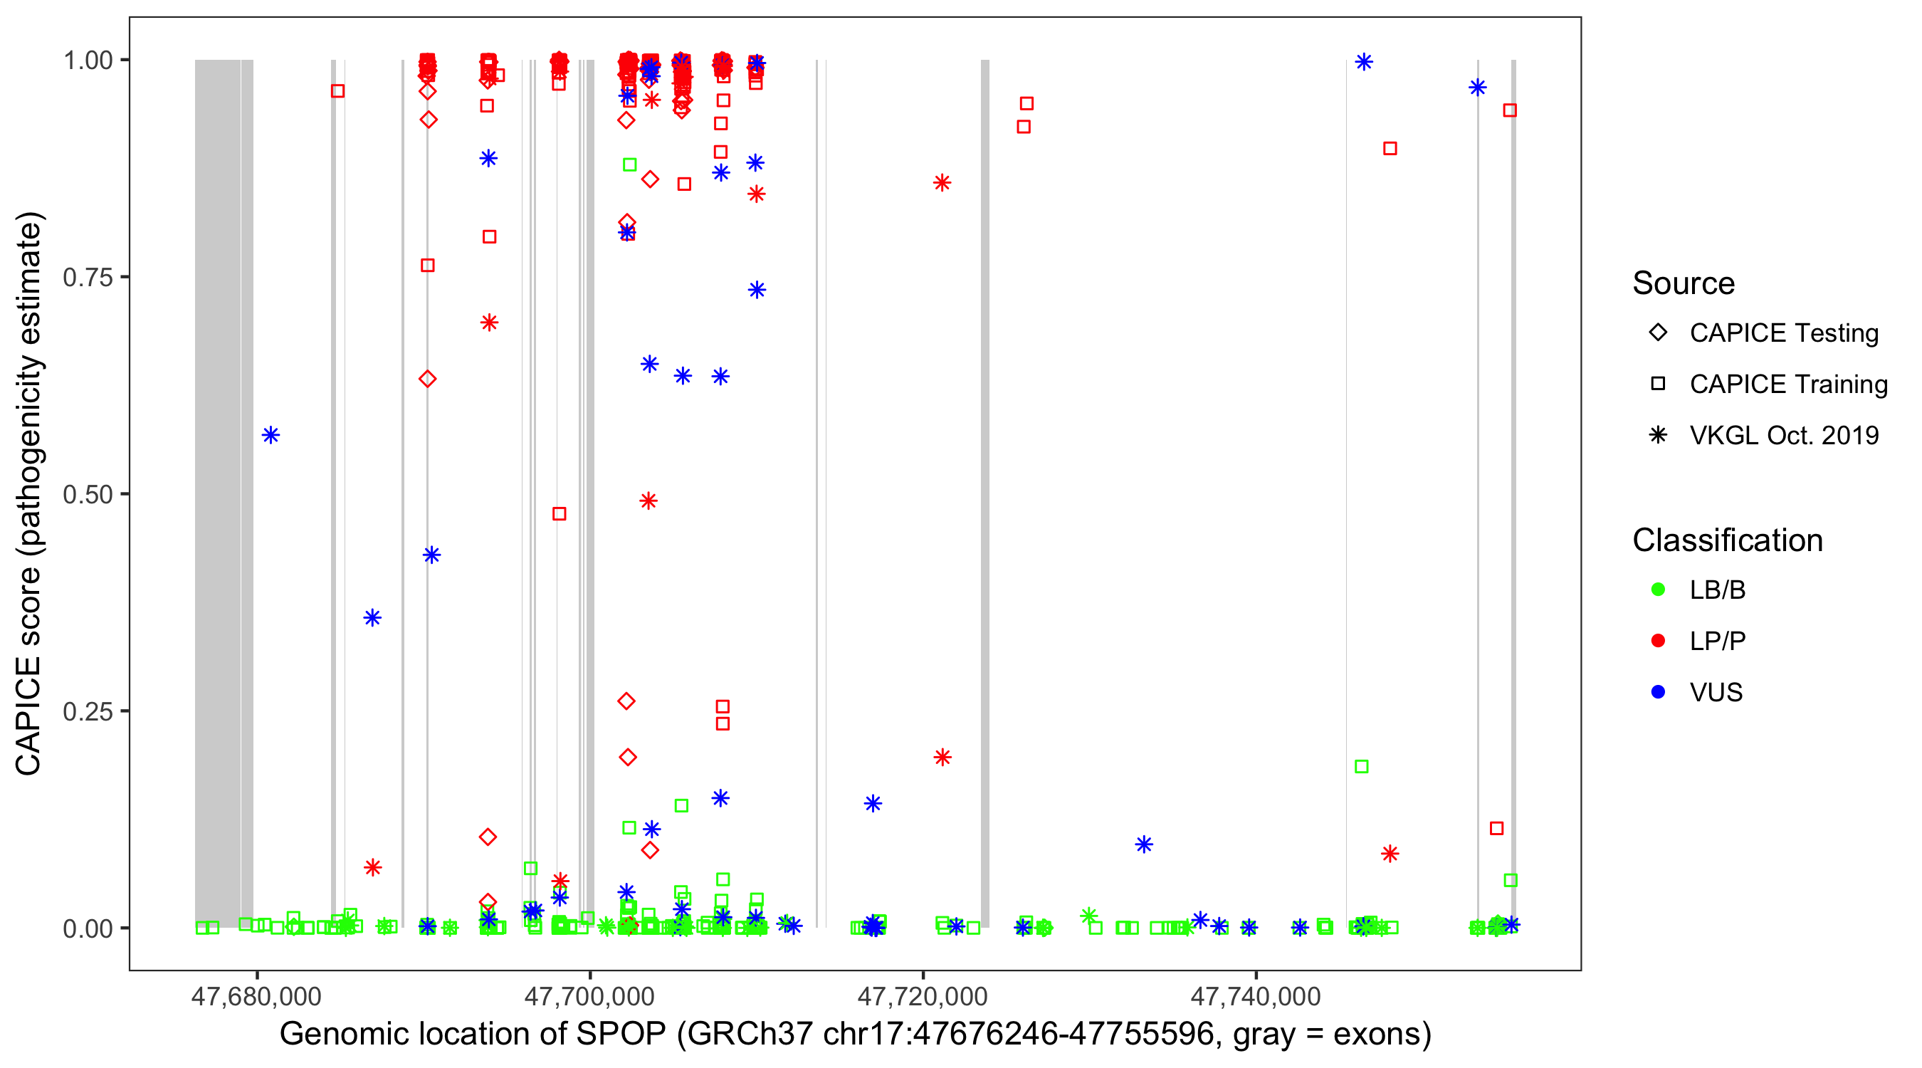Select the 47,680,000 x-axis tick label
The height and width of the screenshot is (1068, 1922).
(256, 996)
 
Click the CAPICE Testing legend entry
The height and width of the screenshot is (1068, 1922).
(1783, 333)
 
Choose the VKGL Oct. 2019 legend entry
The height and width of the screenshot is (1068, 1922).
(1783, 435)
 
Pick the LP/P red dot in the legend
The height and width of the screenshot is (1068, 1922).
(1658, 641)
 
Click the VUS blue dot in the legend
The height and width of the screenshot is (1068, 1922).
(1658, 692)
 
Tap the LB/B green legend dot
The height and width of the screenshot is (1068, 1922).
(1658, 590)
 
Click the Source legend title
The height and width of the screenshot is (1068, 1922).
(1684, 283)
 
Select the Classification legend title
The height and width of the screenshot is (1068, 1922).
(1727, 540)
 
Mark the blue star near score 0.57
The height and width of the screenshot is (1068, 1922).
(271, 435)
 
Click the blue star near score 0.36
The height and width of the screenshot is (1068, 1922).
(372, 617)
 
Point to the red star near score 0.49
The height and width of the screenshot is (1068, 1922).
(648, 501)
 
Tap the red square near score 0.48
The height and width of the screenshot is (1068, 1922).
(559, 513)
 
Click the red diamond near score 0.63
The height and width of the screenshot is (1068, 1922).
(428, 379)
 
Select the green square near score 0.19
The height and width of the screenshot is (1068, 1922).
(1362, 767)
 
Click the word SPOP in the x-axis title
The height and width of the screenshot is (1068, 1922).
(620, 1035)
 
